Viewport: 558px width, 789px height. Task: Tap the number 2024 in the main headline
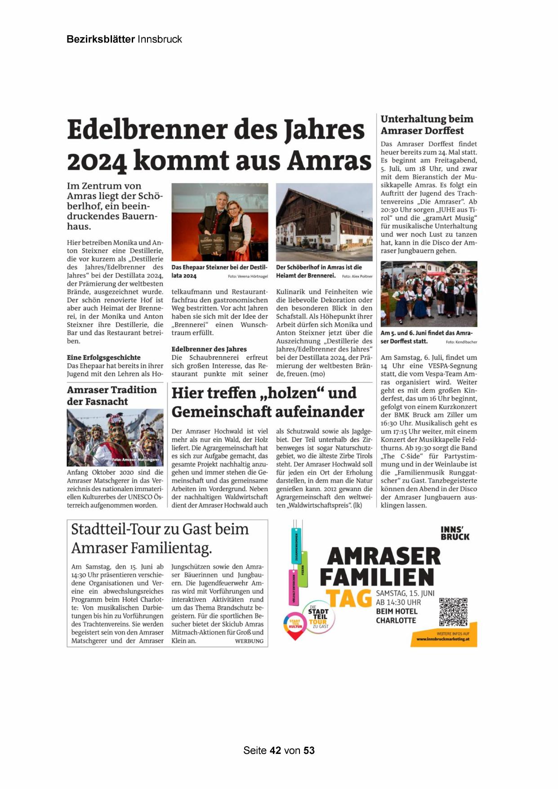96,161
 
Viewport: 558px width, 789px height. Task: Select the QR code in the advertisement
453,612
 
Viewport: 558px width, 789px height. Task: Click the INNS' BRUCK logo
455,533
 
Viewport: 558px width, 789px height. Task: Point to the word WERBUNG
249,641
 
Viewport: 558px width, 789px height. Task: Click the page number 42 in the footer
276,750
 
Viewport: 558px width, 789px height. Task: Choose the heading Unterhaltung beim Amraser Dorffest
426,125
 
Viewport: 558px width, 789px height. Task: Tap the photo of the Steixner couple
219,222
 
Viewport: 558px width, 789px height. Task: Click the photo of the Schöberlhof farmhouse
324,222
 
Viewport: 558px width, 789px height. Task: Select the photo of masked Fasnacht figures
115,437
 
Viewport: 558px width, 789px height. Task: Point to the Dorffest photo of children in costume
429,294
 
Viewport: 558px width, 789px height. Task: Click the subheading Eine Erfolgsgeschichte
103,358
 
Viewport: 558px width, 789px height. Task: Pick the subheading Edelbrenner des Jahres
209,349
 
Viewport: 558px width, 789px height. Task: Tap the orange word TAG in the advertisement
348,598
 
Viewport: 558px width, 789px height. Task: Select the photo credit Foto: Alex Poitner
357,276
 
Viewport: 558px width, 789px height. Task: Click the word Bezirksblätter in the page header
100,39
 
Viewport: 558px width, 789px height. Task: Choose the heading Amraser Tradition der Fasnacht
112,395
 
